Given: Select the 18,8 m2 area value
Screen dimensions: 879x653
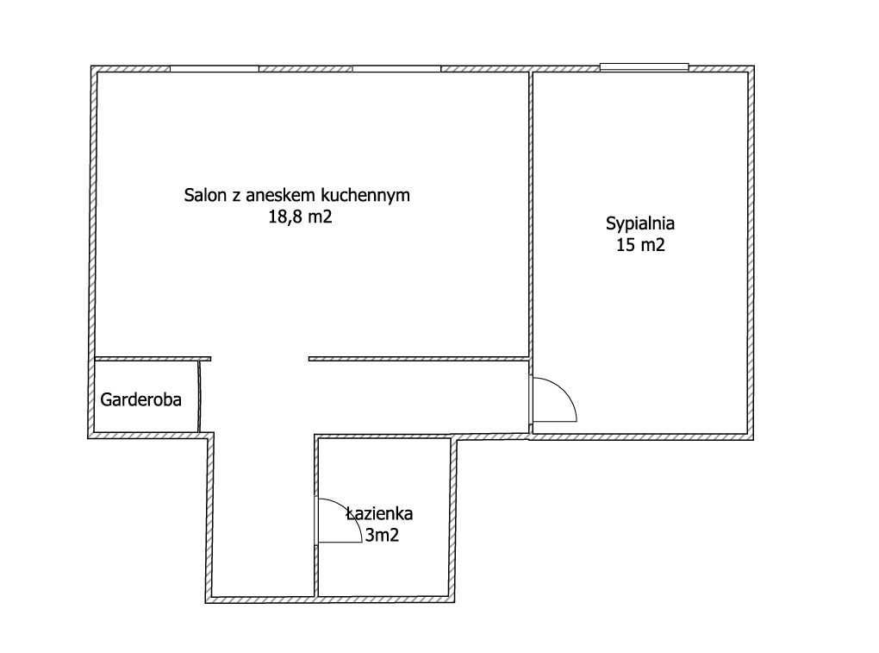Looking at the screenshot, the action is (300, 217).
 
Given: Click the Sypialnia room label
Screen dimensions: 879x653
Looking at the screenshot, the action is (639, 223).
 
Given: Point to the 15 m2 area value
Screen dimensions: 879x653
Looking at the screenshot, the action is (640, 245).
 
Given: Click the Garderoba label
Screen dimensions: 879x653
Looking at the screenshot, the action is (140, 399).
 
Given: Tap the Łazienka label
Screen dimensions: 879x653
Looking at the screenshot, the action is (379, 513).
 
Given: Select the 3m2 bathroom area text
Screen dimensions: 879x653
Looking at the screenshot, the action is (382, 535).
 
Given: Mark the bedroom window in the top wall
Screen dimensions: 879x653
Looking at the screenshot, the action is (644, 67).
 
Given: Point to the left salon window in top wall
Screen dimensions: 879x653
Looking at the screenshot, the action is (214, 69).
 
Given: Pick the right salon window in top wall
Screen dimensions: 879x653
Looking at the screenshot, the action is (396, 69).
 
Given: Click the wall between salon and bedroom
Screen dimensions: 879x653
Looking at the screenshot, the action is (530, 214).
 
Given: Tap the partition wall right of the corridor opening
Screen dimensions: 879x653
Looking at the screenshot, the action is (419, 359).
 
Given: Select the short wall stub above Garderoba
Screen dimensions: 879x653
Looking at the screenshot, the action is (153, 359).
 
